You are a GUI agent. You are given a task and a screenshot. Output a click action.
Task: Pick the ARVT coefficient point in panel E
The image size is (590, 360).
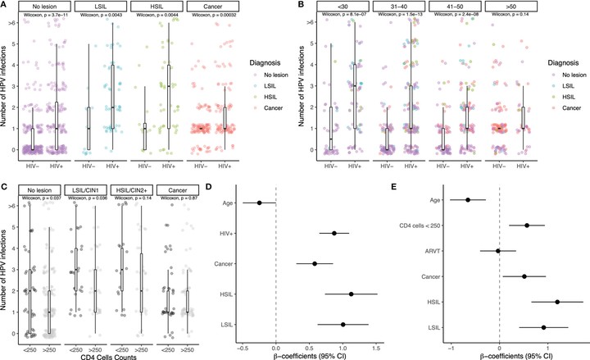click(x=497, y=251)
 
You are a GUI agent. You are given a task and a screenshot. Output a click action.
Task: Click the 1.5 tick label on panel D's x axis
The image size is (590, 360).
click(x=374, y=347)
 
